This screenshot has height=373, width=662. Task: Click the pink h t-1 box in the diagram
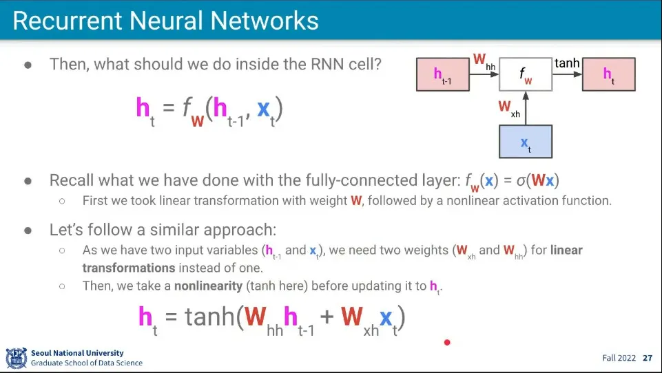click(x=442, y=74)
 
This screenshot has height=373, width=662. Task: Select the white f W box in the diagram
click(x=526, y=74)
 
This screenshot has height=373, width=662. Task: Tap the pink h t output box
click(x=608, y=74)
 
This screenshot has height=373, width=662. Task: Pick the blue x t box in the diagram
click(x=526, y=141)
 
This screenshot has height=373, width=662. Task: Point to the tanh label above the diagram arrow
click(x=567, y=63)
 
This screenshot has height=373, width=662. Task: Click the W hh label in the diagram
click(x=484, y=61)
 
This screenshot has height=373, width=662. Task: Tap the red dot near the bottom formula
click(x=447, y=342)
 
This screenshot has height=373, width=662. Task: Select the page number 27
click(x=648, y=358)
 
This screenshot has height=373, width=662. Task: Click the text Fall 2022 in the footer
click(x=618, y=358)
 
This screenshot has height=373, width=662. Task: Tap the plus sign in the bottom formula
click(x=327, y=318)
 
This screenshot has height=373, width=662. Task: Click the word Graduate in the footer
click(x=49, y=363)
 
